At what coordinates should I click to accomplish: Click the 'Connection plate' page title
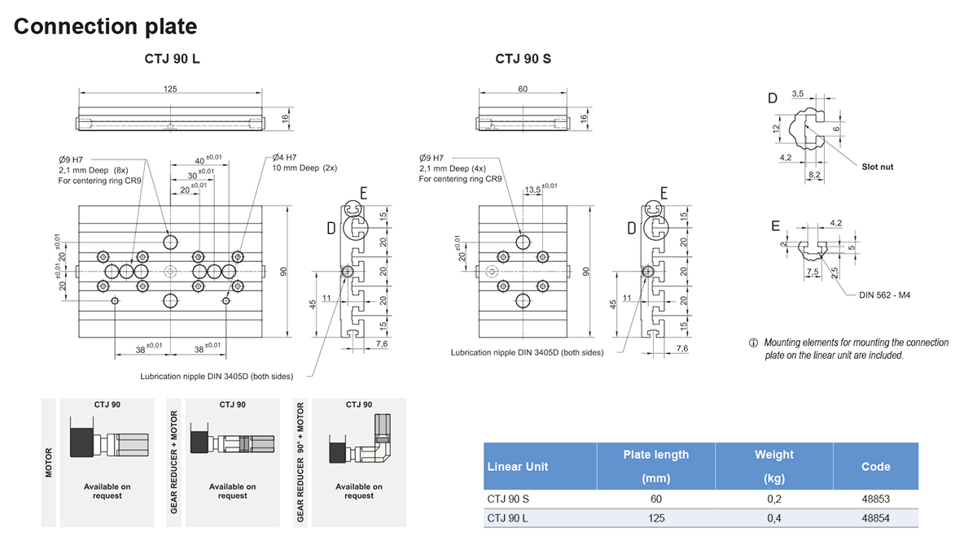pos(105,26)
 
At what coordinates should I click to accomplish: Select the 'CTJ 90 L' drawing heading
pos(172,59)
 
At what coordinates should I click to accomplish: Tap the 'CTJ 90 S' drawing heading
pos(524,59)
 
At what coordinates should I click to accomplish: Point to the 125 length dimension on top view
pos(170,89)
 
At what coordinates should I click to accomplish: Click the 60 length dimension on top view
pos(524,89)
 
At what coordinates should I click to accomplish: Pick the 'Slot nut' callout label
pos(878,167)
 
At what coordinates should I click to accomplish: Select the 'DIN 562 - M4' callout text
pos(884,294)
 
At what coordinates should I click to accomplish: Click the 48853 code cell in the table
pos(875,498)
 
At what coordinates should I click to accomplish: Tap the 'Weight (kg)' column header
pos(773,466)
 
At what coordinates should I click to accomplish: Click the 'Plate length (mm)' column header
pos(655,466)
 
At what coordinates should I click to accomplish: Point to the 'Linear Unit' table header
pos(517,467)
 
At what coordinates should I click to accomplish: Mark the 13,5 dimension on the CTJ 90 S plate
pos(532,189)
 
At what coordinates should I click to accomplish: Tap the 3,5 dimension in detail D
pos(797,94)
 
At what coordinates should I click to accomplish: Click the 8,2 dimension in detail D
pos(815,174)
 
